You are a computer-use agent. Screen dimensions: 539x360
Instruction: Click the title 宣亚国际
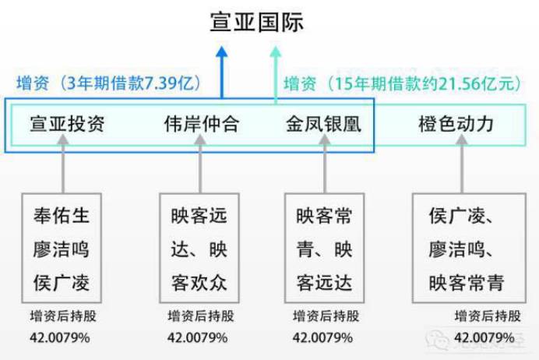[256, 22]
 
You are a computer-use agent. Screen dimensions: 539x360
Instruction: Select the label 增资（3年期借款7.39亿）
[109, 83]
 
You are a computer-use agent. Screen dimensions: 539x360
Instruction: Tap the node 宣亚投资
[67, 124]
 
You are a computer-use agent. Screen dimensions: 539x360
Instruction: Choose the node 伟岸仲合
[201, 124]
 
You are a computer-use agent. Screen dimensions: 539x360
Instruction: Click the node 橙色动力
[456, 124]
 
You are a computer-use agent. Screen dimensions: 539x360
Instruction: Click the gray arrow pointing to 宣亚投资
[62, 165]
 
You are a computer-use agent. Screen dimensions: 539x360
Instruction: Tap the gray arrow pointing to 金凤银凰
[324, 165]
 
